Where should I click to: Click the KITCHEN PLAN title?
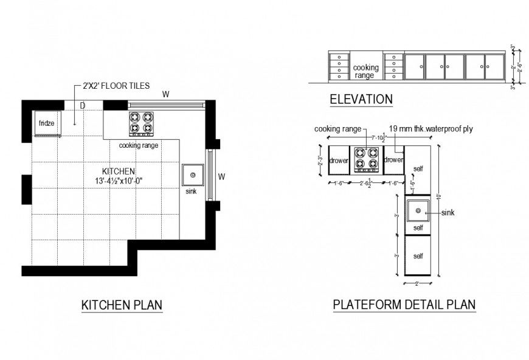tap(122, 305)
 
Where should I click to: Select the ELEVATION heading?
tap(361, 99)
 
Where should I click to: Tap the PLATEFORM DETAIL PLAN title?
tap(404, 305)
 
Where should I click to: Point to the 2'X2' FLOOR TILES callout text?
tap(116, 86)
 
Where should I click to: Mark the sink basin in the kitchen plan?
tap(193, 175)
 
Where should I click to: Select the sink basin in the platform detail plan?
tap(418, 211)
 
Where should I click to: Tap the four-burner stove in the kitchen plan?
tap(140, 123)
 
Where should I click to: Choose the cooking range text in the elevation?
tap(367, 71)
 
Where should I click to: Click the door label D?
tap(82, 105)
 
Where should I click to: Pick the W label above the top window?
tap(165, 94)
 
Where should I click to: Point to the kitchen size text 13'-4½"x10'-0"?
tap(119, 181)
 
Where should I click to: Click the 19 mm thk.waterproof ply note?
tap(430, 129)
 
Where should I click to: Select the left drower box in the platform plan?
tap(338, 160)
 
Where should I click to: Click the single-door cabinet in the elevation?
tap(414, 66)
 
